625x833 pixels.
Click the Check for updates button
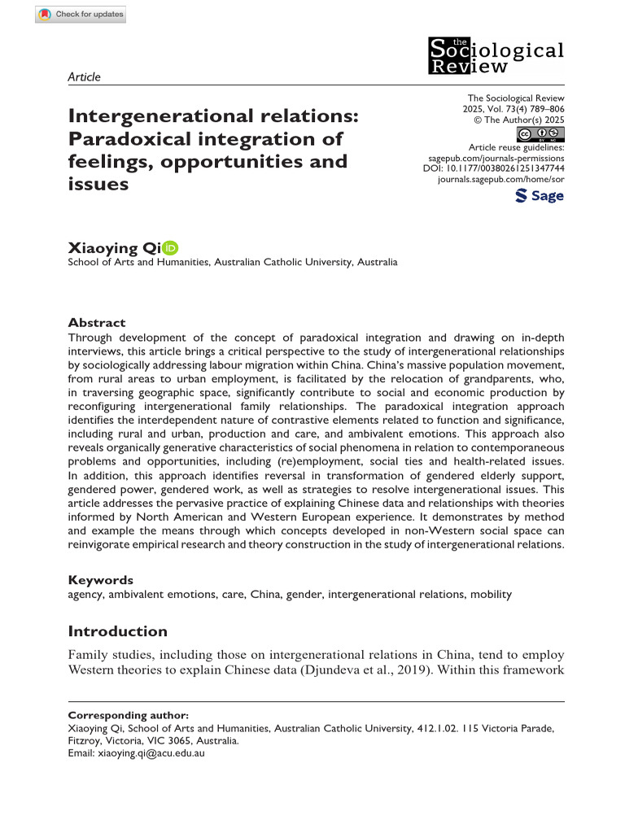pos(81,15)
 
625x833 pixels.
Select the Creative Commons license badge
pos(540,134)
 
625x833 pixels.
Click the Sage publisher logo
pos(539,196)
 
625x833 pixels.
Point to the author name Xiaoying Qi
pos(114,248)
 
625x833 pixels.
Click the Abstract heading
pos(97,322)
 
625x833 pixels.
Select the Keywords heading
pos(100,580)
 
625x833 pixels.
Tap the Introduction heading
pos(117,631)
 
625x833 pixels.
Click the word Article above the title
pos(84,77)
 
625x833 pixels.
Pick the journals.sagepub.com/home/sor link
pos(500,178)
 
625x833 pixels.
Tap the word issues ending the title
pos(98,184)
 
